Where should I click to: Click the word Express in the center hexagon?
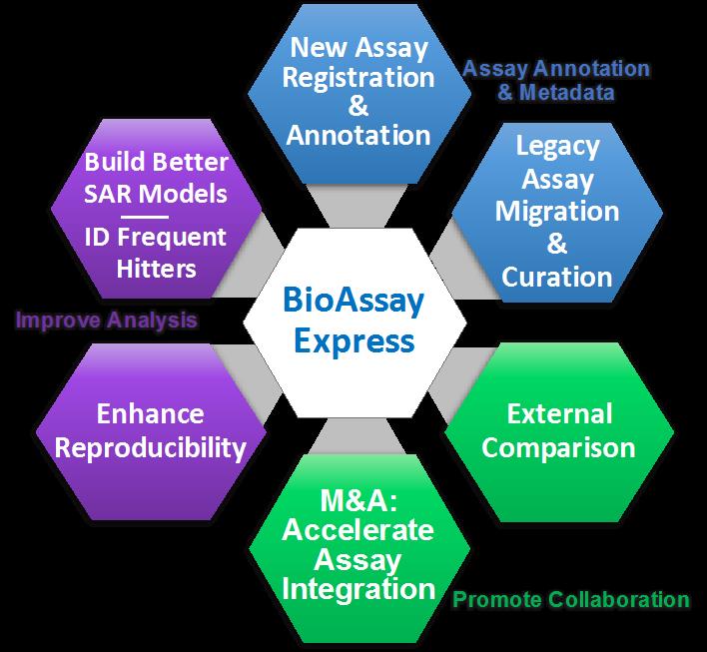(x=353, y=340)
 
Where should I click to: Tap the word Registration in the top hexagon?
(x=358, y=77)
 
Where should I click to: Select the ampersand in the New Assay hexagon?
(x=358, y=106)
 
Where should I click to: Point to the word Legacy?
(x=557, y=146)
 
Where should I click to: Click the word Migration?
(x=557, y=213)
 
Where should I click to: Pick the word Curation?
(x=557, y=277)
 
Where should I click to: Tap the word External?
(x=559, y=413)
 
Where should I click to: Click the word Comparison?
(x=559, y=446)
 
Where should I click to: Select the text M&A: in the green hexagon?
(x=358, y=498)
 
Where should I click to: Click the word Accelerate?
(x=358, y=529)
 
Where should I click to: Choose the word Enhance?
(x=151, y=413)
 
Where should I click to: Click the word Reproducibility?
(x=151, y=446)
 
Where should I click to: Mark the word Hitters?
(x=155, y=269)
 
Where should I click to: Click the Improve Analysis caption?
(x=105, y=321)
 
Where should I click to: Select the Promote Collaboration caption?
(x=570, y=600)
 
